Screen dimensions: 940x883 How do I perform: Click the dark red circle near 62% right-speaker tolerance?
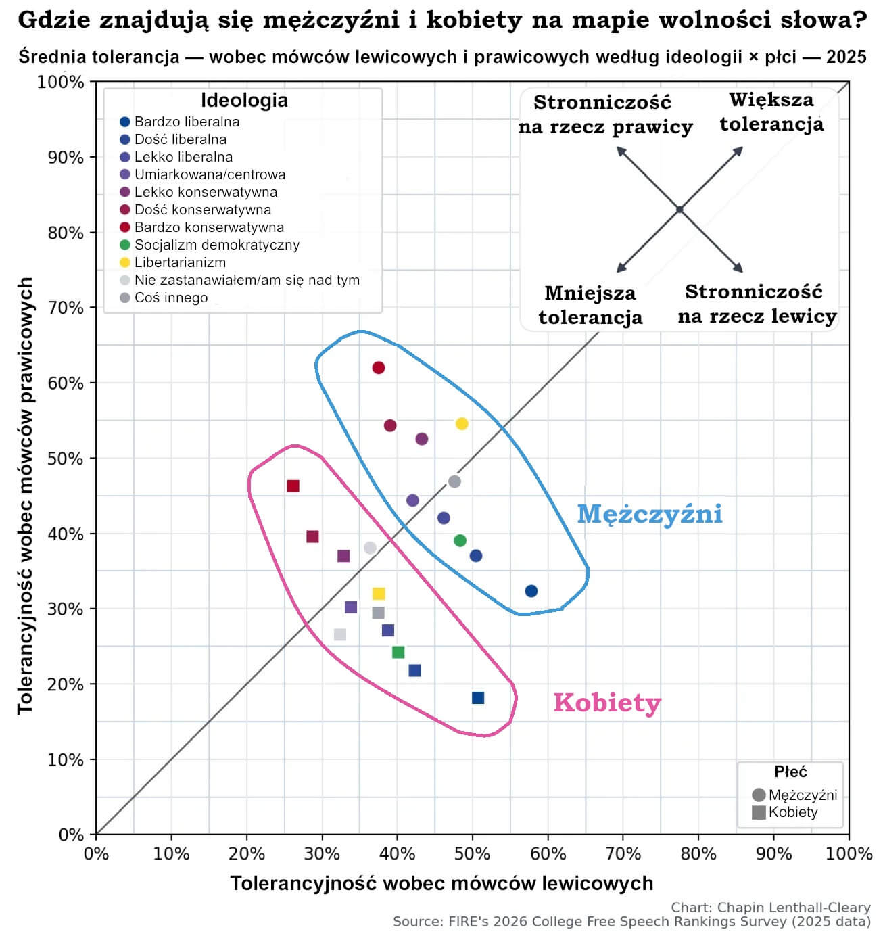pos(379,368)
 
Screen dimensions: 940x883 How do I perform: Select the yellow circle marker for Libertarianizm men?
pos(462,424)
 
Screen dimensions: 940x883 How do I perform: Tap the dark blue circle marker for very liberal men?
pos(531,591)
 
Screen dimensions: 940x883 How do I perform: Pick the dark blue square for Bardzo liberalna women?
pos(478,698)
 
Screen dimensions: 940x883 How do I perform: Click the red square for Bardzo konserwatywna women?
pos(293,486)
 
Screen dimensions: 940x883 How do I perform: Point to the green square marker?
pos(398,652)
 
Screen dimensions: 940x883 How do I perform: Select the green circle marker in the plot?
pos(460,540)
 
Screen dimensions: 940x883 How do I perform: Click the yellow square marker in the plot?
pos(379,594)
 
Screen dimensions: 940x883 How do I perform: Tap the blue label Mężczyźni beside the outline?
pos(649,514)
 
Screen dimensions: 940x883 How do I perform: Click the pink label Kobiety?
pos(606,703)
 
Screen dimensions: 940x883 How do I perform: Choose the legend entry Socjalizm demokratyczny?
pos(216,245)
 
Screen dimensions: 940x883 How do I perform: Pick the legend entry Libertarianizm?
pos(180,262)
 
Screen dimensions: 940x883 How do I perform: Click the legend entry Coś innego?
pos(170,298)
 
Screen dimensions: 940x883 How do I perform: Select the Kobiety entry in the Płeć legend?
pos(792,812)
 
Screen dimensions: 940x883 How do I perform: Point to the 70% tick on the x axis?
pos(623,853)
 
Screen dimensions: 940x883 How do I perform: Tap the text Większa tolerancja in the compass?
pos(771,112)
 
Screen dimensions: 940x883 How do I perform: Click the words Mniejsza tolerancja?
pos(590,305)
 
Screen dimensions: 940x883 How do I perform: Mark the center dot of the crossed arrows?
pos(679,210)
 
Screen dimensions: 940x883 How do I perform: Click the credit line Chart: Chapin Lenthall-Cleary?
pos(770,908)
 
